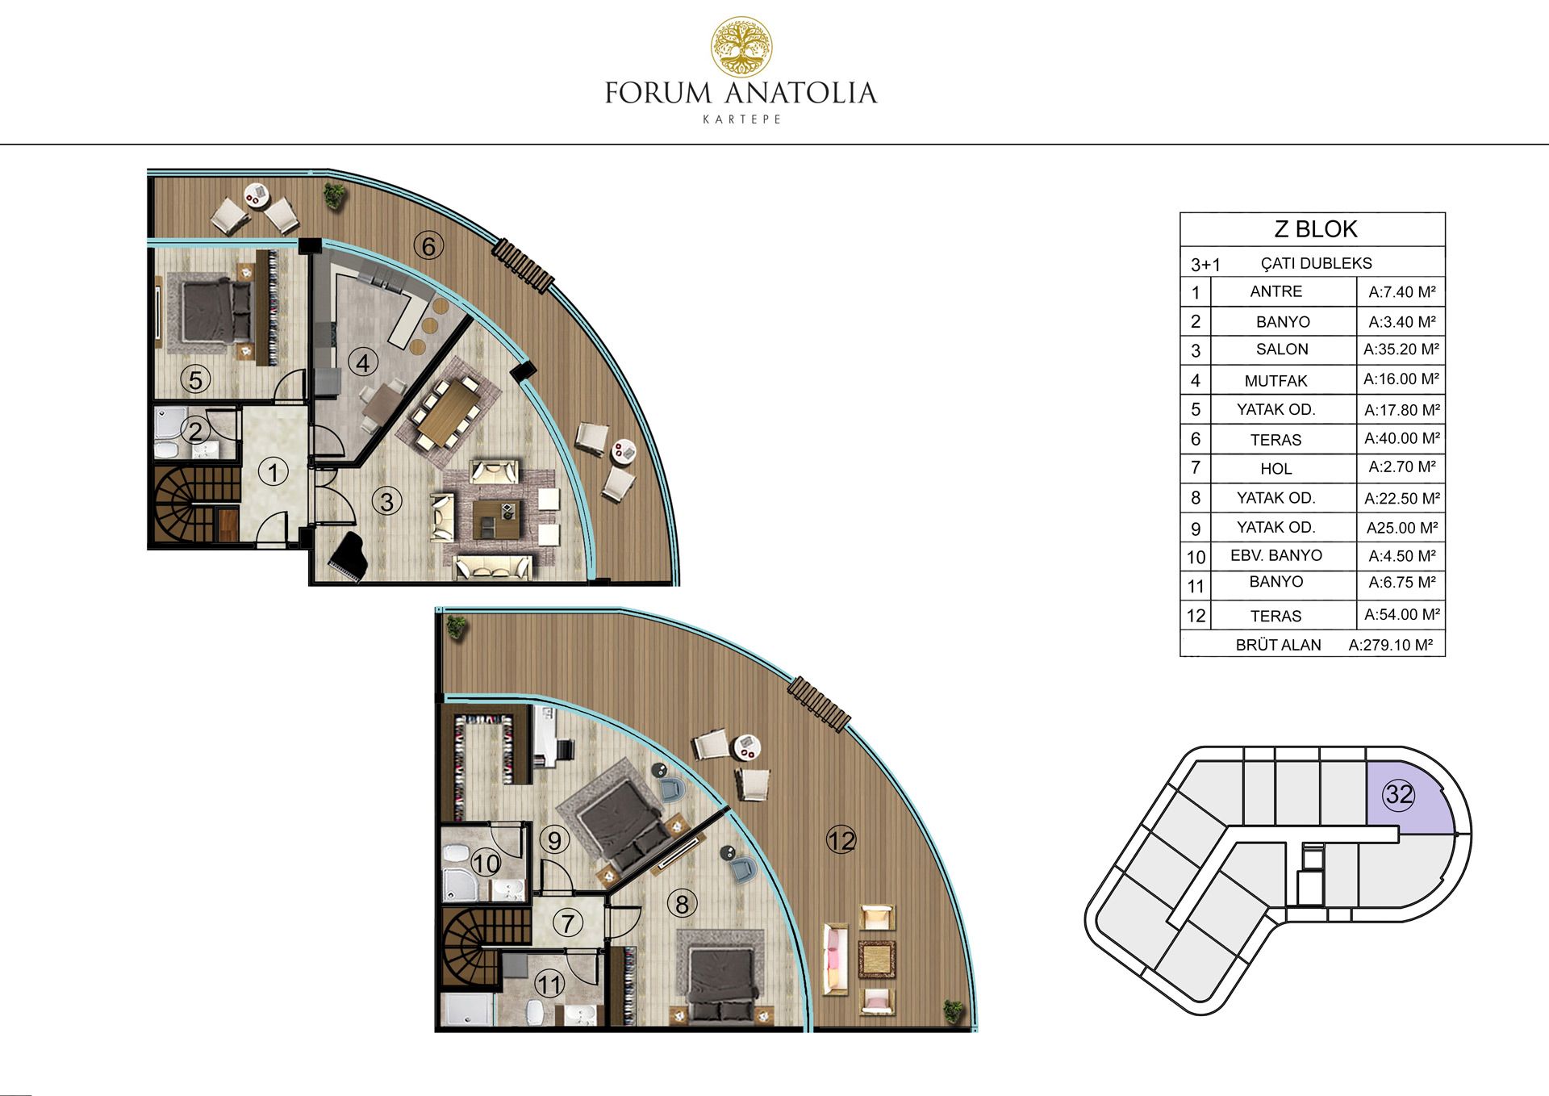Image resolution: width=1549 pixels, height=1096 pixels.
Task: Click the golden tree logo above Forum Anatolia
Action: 741,48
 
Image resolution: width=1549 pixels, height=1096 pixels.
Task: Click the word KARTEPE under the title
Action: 741,119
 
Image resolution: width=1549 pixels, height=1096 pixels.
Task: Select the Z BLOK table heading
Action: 1315,229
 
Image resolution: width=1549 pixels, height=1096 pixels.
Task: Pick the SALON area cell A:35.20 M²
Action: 1401,349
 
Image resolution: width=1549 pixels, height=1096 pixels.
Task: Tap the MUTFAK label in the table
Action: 1276,381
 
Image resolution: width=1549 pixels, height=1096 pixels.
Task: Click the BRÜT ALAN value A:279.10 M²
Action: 1390,645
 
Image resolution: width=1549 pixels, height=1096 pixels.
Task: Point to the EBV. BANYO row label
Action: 1276,555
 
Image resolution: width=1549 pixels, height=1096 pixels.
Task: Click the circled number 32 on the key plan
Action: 1399,795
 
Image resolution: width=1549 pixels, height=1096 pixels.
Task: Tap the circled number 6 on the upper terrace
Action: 428,245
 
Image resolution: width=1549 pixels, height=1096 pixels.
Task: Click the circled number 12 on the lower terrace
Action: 841,841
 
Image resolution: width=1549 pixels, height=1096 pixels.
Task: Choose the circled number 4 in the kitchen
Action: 363,363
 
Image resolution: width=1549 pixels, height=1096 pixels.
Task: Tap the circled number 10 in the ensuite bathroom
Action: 486,864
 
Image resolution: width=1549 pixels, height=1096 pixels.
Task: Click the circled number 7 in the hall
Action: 569,923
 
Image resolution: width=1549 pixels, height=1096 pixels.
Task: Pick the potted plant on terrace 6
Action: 334,194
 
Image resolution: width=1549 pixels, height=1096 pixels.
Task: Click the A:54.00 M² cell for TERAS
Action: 1402,615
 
